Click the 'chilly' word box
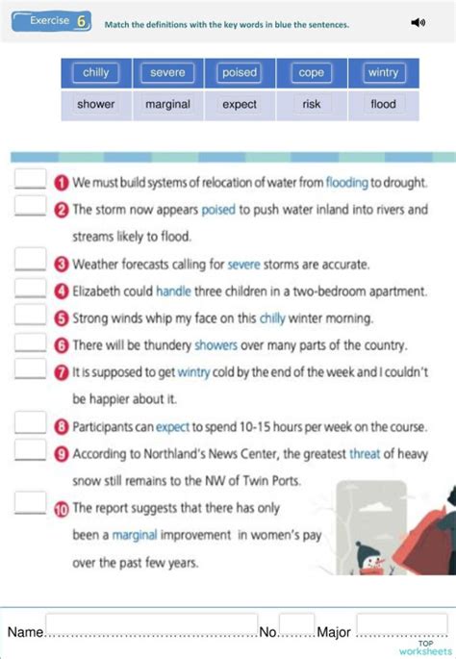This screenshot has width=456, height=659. (96, 73)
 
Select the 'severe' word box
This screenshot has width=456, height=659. (167, 73)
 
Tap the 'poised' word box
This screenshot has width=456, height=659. (240, 73)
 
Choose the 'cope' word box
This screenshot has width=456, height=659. (312, 73)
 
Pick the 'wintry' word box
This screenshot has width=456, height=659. (383, 73)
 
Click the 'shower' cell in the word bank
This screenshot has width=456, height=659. (96, 105)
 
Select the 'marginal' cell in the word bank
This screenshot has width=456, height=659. (167, 105)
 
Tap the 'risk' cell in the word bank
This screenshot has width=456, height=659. (312, 105)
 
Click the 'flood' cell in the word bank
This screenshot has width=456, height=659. (383, 105)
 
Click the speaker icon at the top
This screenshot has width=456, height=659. (418, 22)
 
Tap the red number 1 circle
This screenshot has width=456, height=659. (61, 183)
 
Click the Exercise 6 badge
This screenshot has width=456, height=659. (54, 22)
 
